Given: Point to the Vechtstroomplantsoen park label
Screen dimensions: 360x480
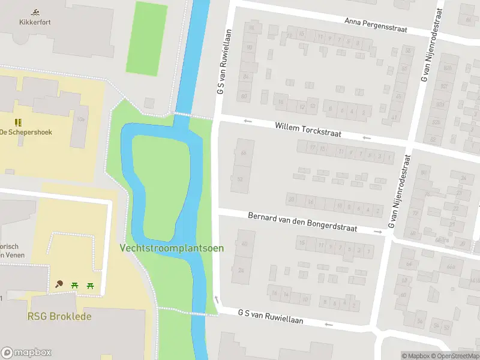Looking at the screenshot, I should (x=172, y=247).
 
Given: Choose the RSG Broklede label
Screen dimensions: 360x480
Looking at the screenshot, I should (x=59, y=316).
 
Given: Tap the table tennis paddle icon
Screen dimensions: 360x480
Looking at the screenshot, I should (x=59, y=284).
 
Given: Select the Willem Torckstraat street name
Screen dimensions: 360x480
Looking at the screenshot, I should (x=308, y=130).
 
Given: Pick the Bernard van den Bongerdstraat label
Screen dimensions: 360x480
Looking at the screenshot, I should (x=302, y=222).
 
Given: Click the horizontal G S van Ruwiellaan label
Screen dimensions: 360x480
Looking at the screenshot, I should (x=270, y=317).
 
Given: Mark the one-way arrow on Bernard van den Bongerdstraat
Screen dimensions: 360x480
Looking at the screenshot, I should (x=378, y=231).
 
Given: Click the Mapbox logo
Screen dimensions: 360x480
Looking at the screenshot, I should (x=26, y=352).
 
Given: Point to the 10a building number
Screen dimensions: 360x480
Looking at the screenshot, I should (x=80, y=119).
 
